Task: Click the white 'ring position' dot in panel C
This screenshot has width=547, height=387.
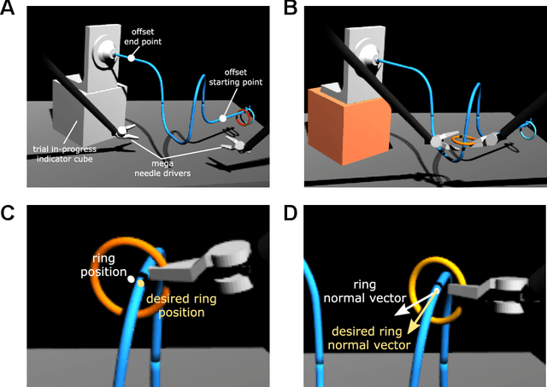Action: pyautogui.click(x=130, y=279)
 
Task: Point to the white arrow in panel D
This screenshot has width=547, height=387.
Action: pyautogui.click(x=415, y=304)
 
